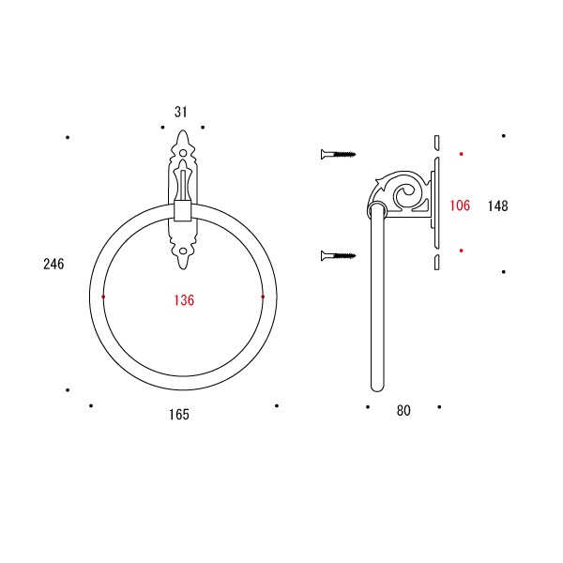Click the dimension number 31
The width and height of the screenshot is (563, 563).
(180, 112)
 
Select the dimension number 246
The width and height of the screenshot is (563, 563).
(53, 264)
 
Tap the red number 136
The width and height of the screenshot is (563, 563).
(184, 300)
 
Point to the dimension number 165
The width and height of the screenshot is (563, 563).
(179, 415)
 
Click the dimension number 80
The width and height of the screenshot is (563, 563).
(403, 410)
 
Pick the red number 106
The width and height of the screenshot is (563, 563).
(460, 205)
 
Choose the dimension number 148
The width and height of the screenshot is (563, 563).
(498, 206)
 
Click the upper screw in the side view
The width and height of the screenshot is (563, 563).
(338, 155)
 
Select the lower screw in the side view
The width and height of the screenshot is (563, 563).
(338, 255)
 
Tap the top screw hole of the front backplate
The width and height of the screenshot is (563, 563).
(183, 153)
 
